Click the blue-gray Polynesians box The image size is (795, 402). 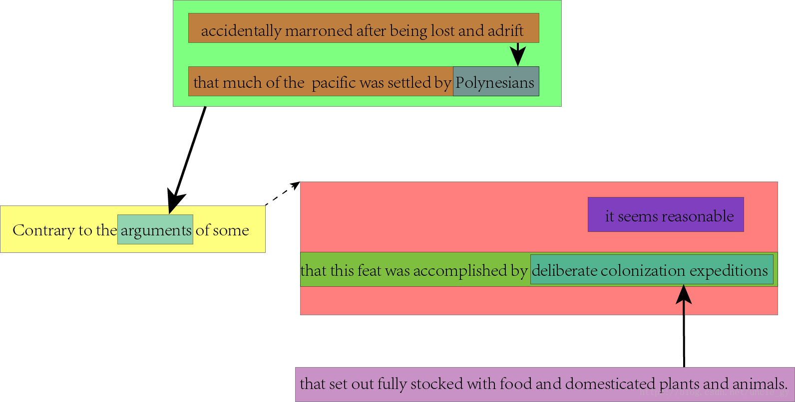coord(495,82)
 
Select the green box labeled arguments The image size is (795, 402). coord(155,230)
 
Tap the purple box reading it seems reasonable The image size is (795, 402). coord(665,215)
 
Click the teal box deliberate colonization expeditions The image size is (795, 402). coord(651,270)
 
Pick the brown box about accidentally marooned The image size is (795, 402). coord(363,28)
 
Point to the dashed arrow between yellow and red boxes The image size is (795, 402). coord(282,194)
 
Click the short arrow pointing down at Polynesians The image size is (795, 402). coord(518,54)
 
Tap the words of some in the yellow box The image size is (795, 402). coord(222,230)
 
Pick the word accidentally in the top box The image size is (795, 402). coord(241,31)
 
